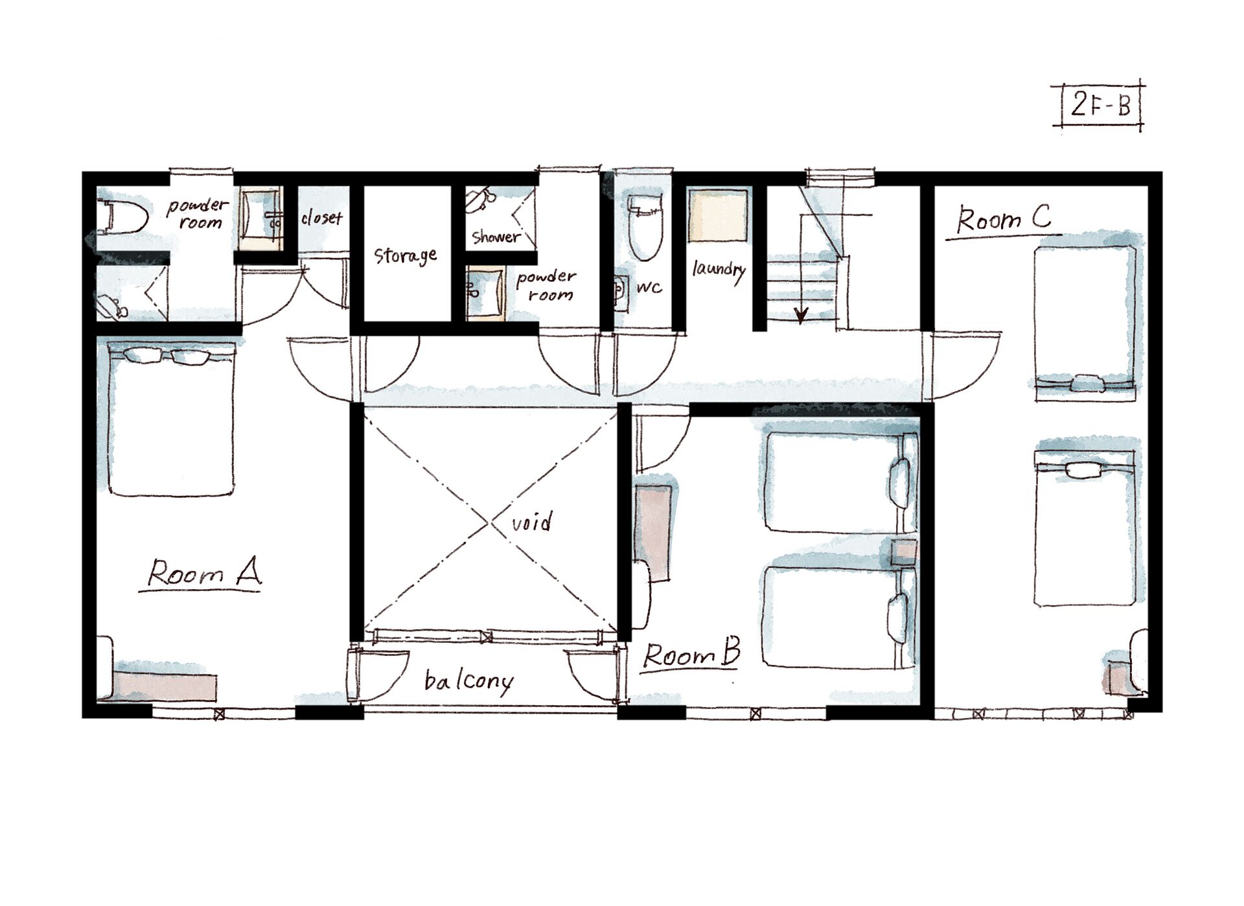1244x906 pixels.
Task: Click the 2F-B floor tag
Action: pyautogui.click(x=1100, y=104)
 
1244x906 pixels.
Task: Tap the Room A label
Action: pyautogui.click(x=204, y=573)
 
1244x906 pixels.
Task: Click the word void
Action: pyautogui.click(x=532, y=522)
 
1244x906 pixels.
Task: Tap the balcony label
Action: pyautogui.click(x=468, y=682)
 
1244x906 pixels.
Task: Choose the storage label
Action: pyautogui.click(x=406, y=255)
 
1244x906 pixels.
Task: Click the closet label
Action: pyautogui.click(x=321, y=218)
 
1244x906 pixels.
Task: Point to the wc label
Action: pyautogui.click(x=649, y=288)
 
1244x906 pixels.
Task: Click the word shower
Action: pyautogui.click(x=496, y=237)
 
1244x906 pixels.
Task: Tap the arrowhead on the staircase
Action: pyautogui.click(x=801, y=316)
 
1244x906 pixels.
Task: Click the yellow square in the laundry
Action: pyautogui.click(x=717, y=216)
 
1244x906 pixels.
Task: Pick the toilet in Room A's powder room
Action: pyautogui.click(x=123, y=216)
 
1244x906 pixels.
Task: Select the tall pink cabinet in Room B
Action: pyautogui.click(x=652, y=533)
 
